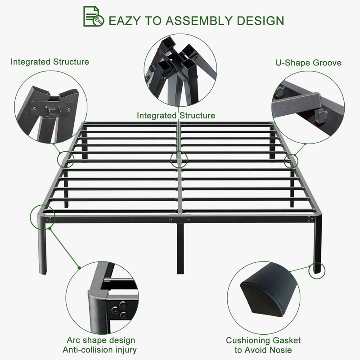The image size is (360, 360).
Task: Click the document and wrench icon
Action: click(94, 16)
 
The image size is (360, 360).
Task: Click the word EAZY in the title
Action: click(124, 21)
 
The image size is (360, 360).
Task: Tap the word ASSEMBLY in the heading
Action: click(199, 21)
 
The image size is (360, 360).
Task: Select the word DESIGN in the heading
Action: click(261, 21)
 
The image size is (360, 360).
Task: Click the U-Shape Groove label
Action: click(308, 63)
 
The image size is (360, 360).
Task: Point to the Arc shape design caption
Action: click(101, 340)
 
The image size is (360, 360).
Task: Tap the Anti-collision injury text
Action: click(99, 350)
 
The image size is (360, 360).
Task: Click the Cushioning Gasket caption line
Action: click(263, 340)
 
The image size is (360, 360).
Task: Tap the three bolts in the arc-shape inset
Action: click(119, 310)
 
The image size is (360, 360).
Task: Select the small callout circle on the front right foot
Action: click(317, 271)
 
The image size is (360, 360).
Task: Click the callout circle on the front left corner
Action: click(43, 217)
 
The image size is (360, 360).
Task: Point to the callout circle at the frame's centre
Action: click(179, 159)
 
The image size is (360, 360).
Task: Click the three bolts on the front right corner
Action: click(310, 219)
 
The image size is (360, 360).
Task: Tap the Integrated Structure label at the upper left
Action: click(50, 62)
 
